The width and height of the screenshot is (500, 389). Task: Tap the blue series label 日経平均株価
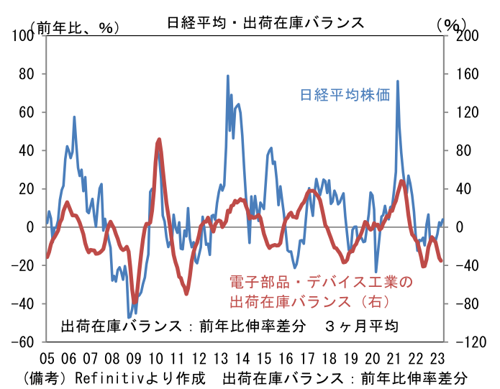pyautogui.click(x=345, y=95)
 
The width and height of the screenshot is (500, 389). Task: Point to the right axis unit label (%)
pyautogui.click(x=452, y=24)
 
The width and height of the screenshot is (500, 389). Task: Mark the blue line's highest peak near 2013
pyautogui.click(x=228, y=75)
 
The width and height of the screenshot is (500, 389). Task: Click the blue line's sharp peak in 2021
pyautogui.click(x=397, y=81)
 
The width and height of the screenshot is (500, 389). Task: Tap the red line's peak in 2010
pyautogui.click(x=158, y=140)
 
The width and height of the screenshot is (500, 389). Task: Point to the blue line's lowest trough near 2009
pyautogui.click(x=129, y=317)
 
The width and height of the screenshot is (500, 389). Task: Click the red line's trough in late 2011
pyautogui.click(x=186, y=293)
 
